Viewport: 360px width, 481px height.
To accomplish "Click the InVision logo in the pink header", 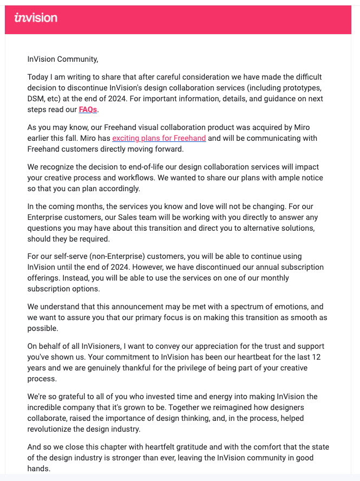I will pos(36,18).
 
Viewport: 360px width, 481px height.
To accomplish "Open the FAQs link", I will pos(88,109).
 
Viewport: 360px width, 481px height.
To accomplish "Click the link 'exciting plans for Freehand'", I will pos(159,138).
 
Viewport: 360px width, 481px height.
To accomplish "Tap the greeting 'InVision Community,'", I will pos(63,60).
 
